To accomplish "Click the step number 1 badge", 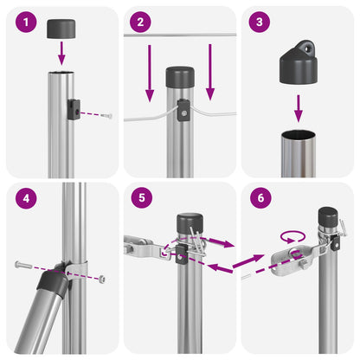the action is [x=26, y=22].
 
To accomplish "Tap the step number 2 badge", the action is [x=140, y=22].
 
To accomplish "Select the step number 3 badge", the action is [x=260, y=22].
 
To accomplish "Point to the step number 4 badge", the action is [x=26, y=198].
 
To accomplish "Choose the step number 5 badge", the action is [x=142, y=198].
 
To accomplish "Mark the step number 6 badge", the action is [x=260, y=198].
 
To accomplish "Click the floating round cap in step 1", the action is [x=61, y=29].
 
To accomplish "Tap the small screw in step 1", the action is [x=107, y=116].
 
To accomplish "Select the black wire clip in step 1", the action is [x=74, y=109].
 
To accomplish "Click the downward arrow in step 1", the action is [x=61, y=54].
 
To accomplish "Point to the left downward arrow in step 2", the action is [x=150, y=74].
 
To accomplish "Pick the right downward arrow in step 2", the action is [x=210, y=73].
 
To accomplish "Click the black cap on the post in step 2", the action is [x=180, y=77].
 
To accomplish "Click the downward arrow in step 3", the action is [x=299, y=108].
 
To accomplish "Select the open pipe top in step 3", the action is [x=299, y=134].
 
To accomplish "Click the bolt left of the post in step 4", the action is [x=22, y=265].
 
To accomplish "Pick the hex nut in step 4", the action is [x=101, y=279].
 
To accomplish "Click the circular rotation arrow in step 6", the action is [x=292, y=236].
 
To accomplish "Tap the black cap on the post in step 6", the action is [x=328, y=218].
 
